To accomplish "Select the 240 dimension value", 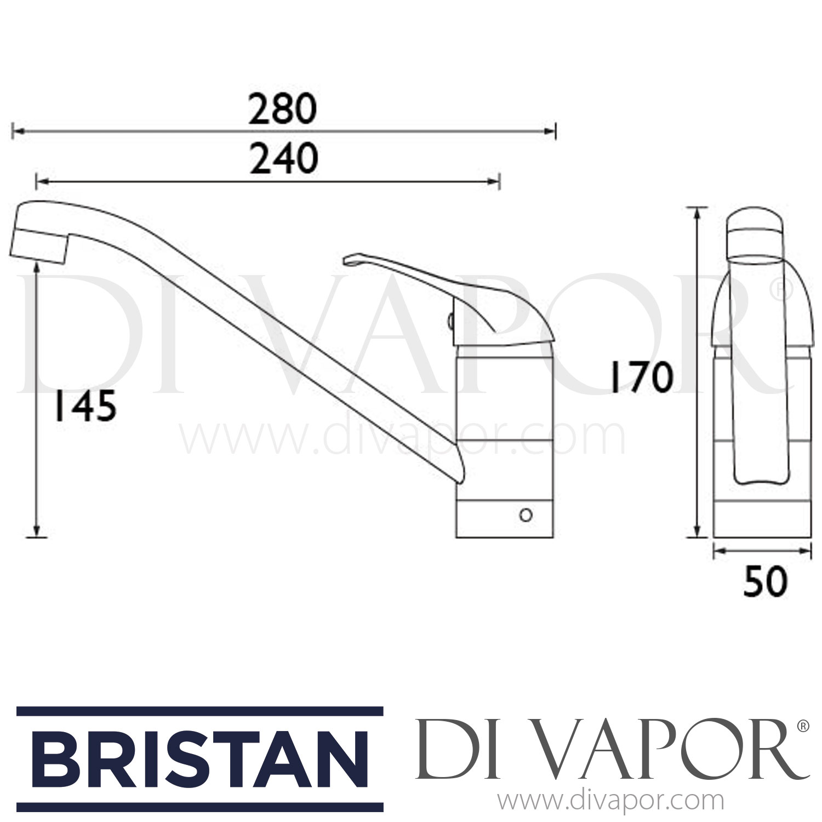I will (x=283, y=158).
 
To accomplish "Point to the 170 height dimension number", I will (x=642, y=379).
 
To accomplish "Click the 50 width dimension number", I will (x=765, y=581).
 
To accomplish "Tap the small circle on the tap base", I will (x=526, y=516).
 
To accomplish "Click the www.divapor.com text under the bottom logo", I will (x=610, y=801).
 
